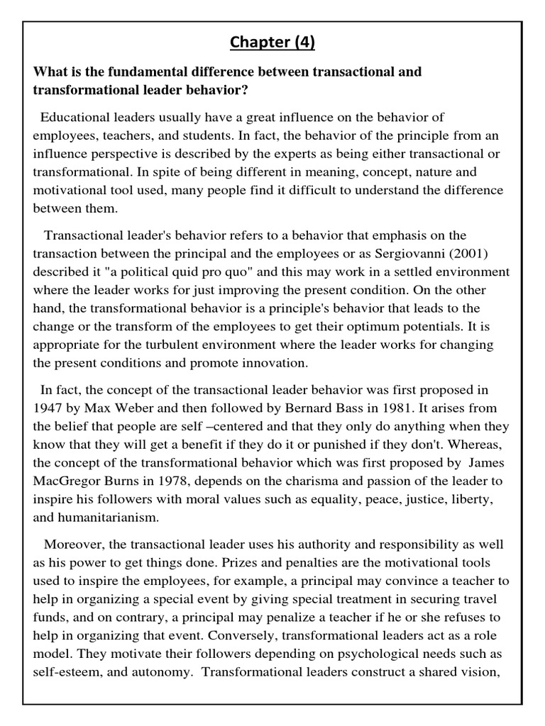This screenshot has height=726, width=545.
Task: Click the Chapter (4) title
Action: pos(272,43)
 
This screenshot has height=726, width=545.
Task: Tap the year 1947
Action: pos(48,408)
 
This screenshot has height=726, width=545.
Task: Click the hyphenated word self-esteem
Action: pos(65,671)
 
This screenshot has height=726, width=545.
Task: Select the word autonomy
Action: pos(162,671)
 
